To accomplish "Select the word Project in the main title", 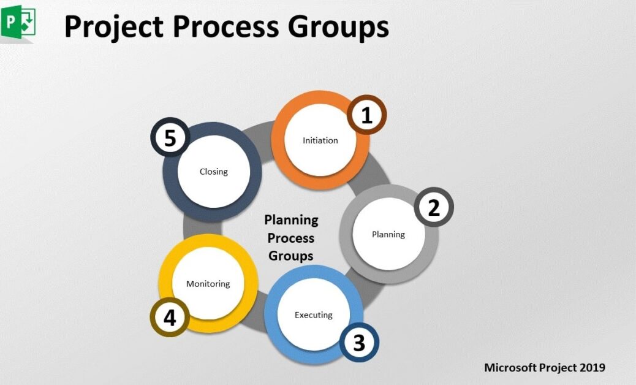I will point(113,28).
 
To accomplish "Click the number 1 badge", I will point(366,116).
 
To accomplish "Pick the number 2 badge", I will point(434,208).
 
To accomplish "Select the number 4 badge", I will point(170,318).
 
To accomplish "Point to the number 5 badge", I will point(170,138).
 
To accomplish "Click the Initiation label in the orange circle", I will point(320,140).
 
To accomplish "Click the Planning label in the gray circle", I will point(388,234).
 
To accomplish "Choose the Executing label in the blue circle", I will point(314,315).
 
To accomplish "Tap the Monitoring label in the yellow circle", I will point(208,284).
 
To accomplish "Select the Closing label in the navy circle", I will point(214,172).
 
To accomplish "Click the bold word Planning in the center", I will point(291,219).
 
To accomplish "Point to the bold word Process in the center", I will point(291,238).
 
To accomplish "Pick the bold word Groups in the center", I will point(291,256).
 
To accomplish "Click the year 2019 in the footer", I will point(592,368).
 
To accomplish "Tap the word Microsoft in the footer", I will point(510,368).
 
